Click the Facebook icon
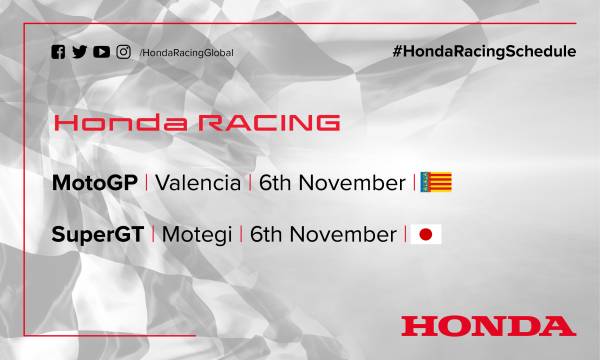(56, 53)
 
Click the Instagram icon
(122, 53)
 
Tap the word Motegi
(192, 235)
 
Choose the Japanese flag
(427, 235)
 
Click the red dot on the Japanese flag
(427, 235)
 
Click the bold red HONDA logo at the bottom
(488, 325)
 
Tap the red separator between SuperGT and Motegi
(151, 235)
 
